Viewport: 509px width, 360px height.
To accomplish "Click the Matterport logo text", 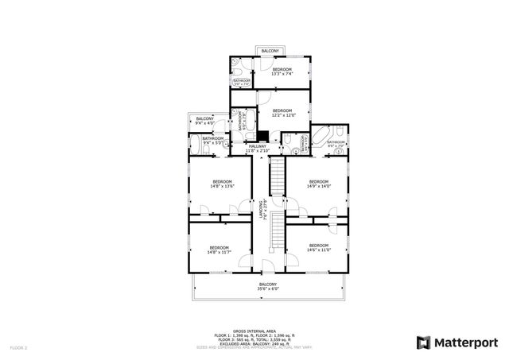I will point(465,343).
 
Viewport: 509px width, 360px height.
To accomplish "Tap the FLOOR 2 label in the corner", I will point(18,348).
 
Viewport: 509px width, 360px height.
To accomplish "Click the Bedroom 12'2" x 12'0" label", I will point(283,113).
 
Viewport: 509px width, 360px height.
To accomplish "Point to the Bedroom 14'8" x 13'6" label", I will point(221,184).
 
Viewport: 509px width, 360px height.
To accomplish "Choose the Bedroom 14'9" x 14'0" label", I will point(318,184).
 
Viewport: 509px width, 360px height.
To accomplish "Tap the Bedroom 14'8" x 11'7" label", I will point(218,249).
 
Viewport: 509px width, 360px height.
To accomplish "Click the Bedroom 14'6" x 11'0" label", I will point(318,247).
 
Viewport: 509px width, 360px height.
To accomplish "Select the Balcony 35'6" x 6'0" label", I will point(268,287).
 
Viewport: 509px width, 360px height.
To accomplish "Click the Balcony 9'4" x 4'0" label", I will point(204,121).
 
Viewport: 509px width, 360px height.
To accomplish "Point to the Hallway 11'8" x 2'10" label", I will point(258,148).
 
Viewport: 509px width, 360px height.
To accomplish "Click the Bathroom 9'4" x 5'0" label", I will point(212,141).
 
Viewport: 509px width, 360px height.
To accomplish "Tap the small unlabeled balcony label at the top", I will point(270,51).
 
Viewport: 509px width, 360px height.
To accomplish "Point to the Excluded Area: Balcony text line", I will point(254,343).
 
